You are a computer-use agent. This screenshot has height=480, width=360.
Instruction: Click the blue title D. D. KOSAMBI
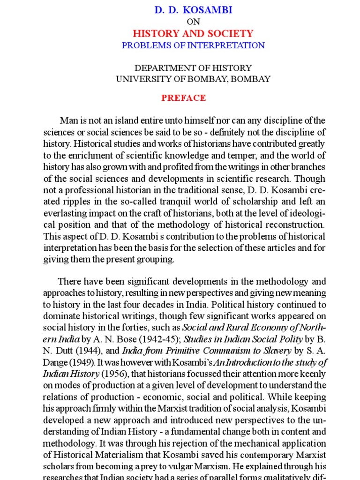[193, 9]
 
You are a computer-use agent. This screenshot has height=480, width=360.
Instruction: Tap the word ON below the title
[193, 22]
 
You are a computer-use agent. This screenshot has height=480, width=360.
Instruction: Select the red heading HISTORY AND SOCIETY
[193, 34]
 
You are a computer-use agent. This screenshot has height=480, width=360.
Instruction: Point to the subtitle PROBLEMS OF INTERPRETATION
[193, 45]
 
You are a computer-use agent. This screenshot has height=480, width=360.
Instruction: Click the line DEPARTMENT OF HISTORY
[193, 68]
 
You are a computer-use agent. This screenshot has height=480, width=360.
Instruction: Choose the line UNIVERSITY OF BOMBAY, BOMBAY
[193, 79]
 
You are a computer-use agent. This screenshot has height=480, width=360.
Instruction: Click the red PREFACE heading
[184, 98]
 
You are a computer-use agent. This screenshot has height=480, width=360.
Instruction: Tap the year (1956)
[115, 374]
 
